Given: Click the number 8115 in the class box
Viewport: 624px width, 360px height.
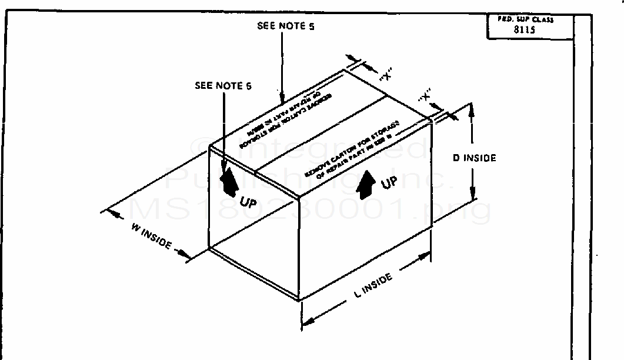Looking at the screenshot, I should tap(524, 30).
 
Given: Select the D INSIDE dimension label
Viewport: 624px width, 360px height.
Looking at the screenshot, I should tap(474, 158).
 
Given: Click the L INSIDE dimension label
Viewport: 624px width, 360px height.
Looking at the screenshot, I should tap(373, 284).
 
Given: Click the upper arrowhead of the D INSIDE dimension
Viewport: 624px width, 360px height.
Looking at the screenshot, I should tap(471, 109).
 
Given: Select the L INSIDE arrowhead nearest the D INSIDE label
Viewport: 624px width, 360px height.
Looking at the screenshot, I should tap(426, 256).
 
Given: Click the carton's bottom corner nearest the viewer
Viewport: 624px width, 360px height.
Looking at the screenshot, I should tap(300, 301).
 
